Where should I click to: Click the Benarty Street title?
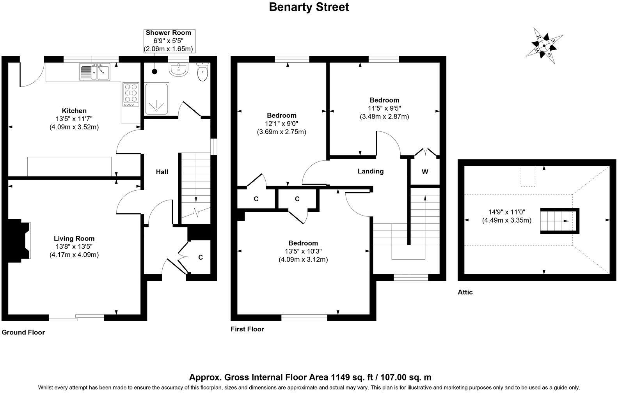[x=309, y=7]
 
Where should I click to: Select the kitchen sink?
[x=96, y=72]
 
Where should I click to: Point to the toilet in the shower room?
[x=202, y=72]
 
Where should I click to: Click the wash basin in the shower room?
[x=179, y=70]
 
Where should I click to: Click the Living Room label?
[x=74, y=239]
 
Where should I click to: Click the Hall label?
[x=162, y=172]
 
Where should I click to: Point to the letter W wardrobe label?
[x=425, y=172]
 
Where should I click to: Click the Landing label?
[x=370, y=171]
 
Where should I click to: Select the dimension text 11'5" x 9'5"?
[x=384, y=108]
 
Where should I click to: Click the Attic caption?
[x=465, y=292]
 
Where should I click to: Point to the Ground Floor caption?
[x=23, y=333]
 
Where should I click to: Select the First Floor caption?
[x=247, y=329]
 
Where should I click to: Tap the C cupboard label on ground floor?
[x=201, y=257]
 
